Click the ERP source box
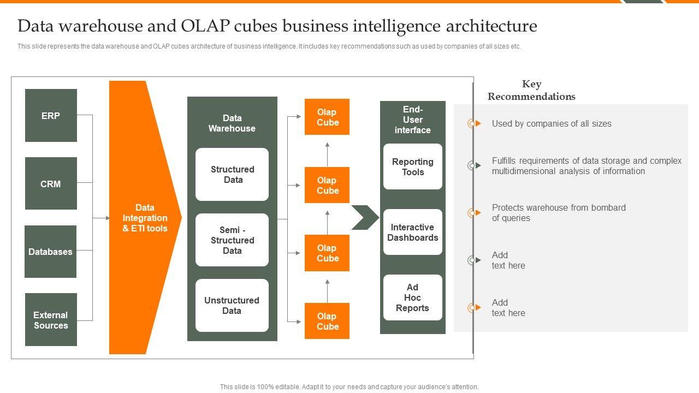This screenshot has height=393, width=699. point(51,116)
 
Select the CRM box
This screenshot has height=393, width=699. point(51,184)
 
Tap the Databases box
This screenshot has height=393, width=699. point(51,252)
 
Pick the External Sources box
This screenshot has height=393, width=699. point(51,320)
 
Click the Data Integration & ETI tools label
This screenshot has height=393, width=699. point(145,218)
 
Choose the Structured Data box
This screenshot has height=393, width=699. point(232,175)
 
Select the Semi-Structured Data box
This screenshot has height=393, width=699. point(232,240)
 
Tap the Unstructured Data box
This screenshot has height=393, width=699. point(232,306)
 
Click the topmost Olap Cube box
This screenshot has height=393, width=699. point(327,117)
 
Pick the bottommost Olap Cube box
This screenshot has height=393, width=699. point(327,321)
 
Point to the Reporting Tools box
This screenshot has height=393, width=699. point(413,166)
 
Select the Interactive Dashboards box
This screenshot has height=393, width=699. point(413,232)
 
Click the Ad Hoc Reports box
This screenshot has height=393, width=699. point(413,297)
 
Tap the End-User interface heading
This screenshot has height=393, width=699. point(413,120)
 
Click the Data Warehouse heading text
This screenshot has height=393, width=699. point(232,123)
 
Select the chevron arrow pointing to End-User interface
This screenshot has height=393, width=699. point(365,217)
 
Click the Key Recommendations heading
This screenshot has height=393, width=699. point(531,90)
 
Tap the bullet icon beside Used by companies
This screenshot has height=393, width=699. point(473,124)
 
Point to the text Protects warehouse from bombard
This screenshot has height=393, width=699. point(559,207)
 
